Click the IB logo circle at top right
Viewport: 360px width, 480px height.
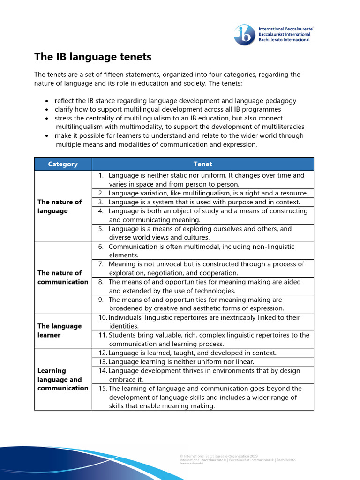pyautogui.click(x=245, y=35)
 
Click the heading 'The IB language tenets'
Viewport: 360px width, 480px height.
pyautogui.click(x=93, y=57)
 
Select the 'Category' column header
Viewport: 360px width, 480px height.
pyautogui.click(x=63, y=164)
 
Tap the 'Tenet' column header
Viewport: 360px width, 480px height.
pyautogui.click(x=202, y=164)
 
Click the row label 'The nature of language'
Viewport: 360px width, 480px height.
pyautogui.click(x=60, y=206)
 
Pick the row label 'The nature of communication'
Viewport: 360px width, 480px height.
pyautogui.click(x=62, y=277)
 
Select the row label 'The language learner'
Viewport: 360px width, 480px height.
pyautogui.click(x=60, y=330)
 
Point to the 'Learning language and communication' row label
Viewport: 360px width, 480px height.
pyautogui.click(x=62, y=379)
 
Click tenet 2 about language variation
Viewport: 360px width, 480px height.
pyautogui.click(x=208, y=193)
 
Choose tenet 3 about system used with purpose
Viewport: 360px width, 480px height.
pyautogui.click(x=204, y=202)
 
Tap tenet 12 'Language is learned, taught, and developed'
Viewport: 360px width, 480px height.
pyautogui.click(x=192, y=352)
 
